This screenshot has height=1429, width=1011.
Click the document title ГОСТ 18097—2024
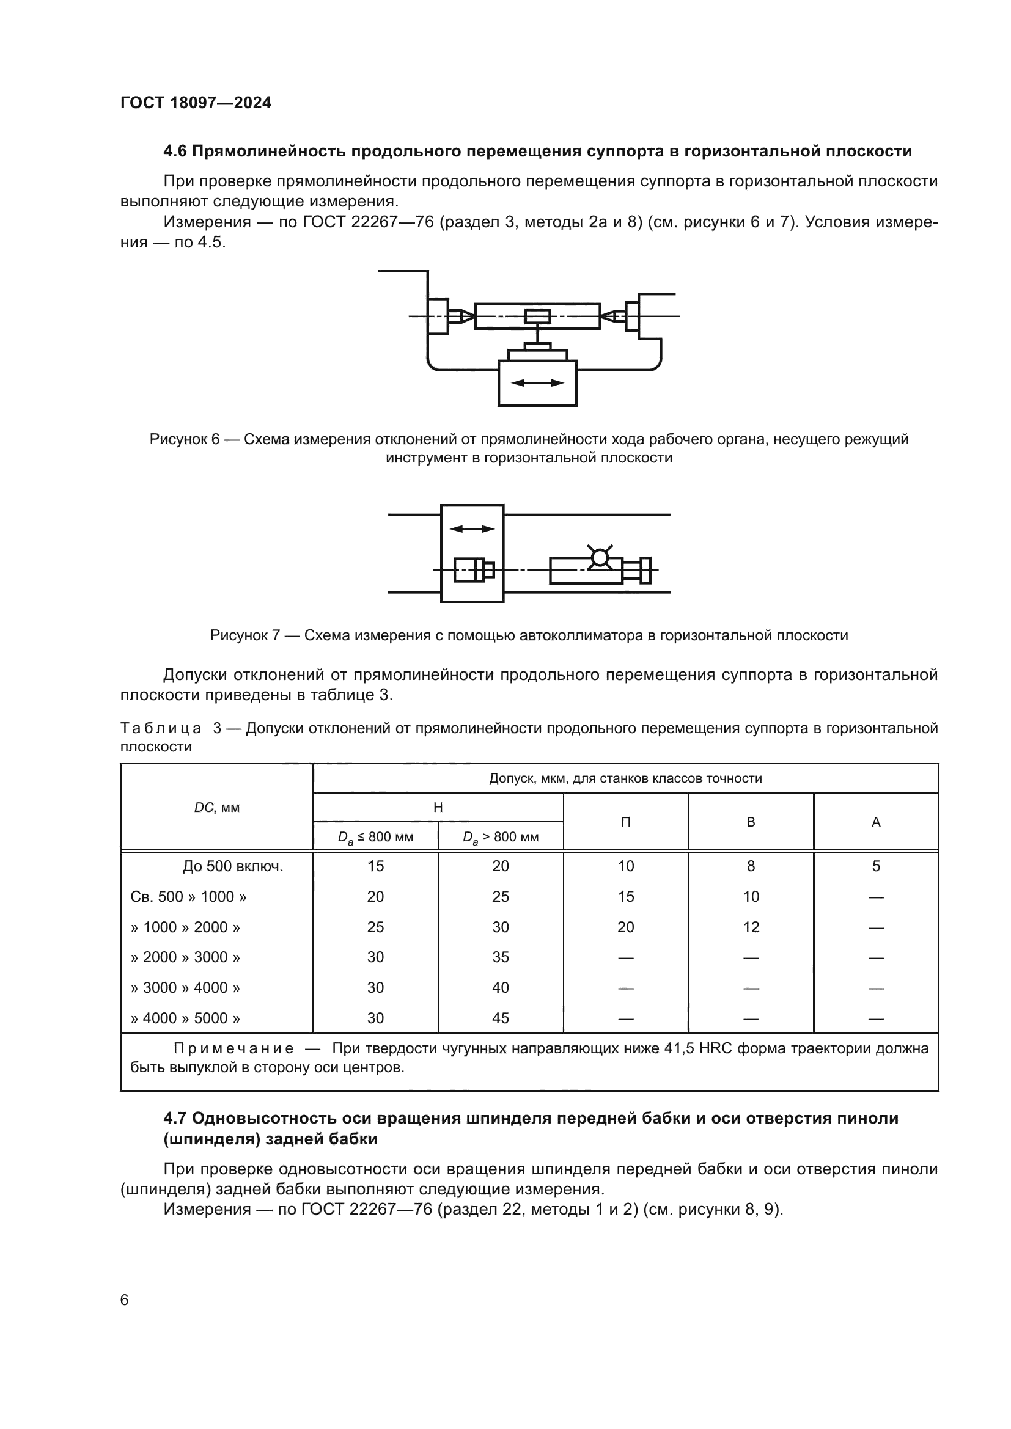tap(196, 103)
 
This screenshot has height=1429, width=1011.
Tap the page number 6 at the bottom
tap(125, 1300)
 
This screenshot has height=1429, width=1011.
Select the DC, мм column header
tap(216, 808)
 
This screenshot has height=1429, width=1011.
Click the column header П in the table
tap(626, 822)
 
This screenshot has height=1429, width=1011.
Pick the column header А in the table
tap(876, 822)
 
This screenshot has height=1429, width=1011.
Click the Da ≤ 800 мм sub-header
tap(375, 837)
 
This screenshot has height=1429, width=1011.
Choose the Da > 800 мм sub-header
tap(501, 837)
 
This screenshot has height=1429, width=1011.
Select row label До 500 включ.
tap(233, 866)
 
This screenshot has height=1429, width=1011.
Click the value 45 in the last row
tap(501, 1018)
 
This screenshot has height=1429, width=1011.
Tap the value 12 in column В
tap(751, 927)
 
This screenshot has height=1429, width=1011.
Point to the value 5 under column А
tap(876, 866)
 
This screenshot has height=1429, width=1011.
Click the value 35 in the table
tap(501, 957)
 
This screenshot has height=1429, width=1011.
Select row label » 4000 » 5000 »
tap(186, 1018)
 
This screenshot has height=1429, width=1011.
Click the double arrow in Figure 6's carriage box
tap(537, 384)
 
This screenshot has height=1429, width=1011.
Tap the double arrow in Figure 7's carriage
tap(472, 529)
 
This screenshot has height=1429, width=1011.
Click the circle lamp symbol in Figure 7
tap(600, 557)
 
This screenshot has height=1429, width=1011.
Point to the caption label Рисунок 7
tap(244, 635)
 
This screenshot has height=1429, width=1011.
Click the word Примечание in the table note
tap(233, 1049)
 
